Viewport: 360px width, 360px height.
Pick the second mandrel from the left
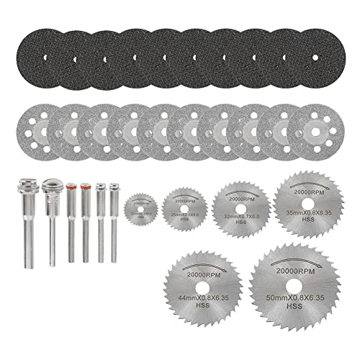point(50,223)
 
